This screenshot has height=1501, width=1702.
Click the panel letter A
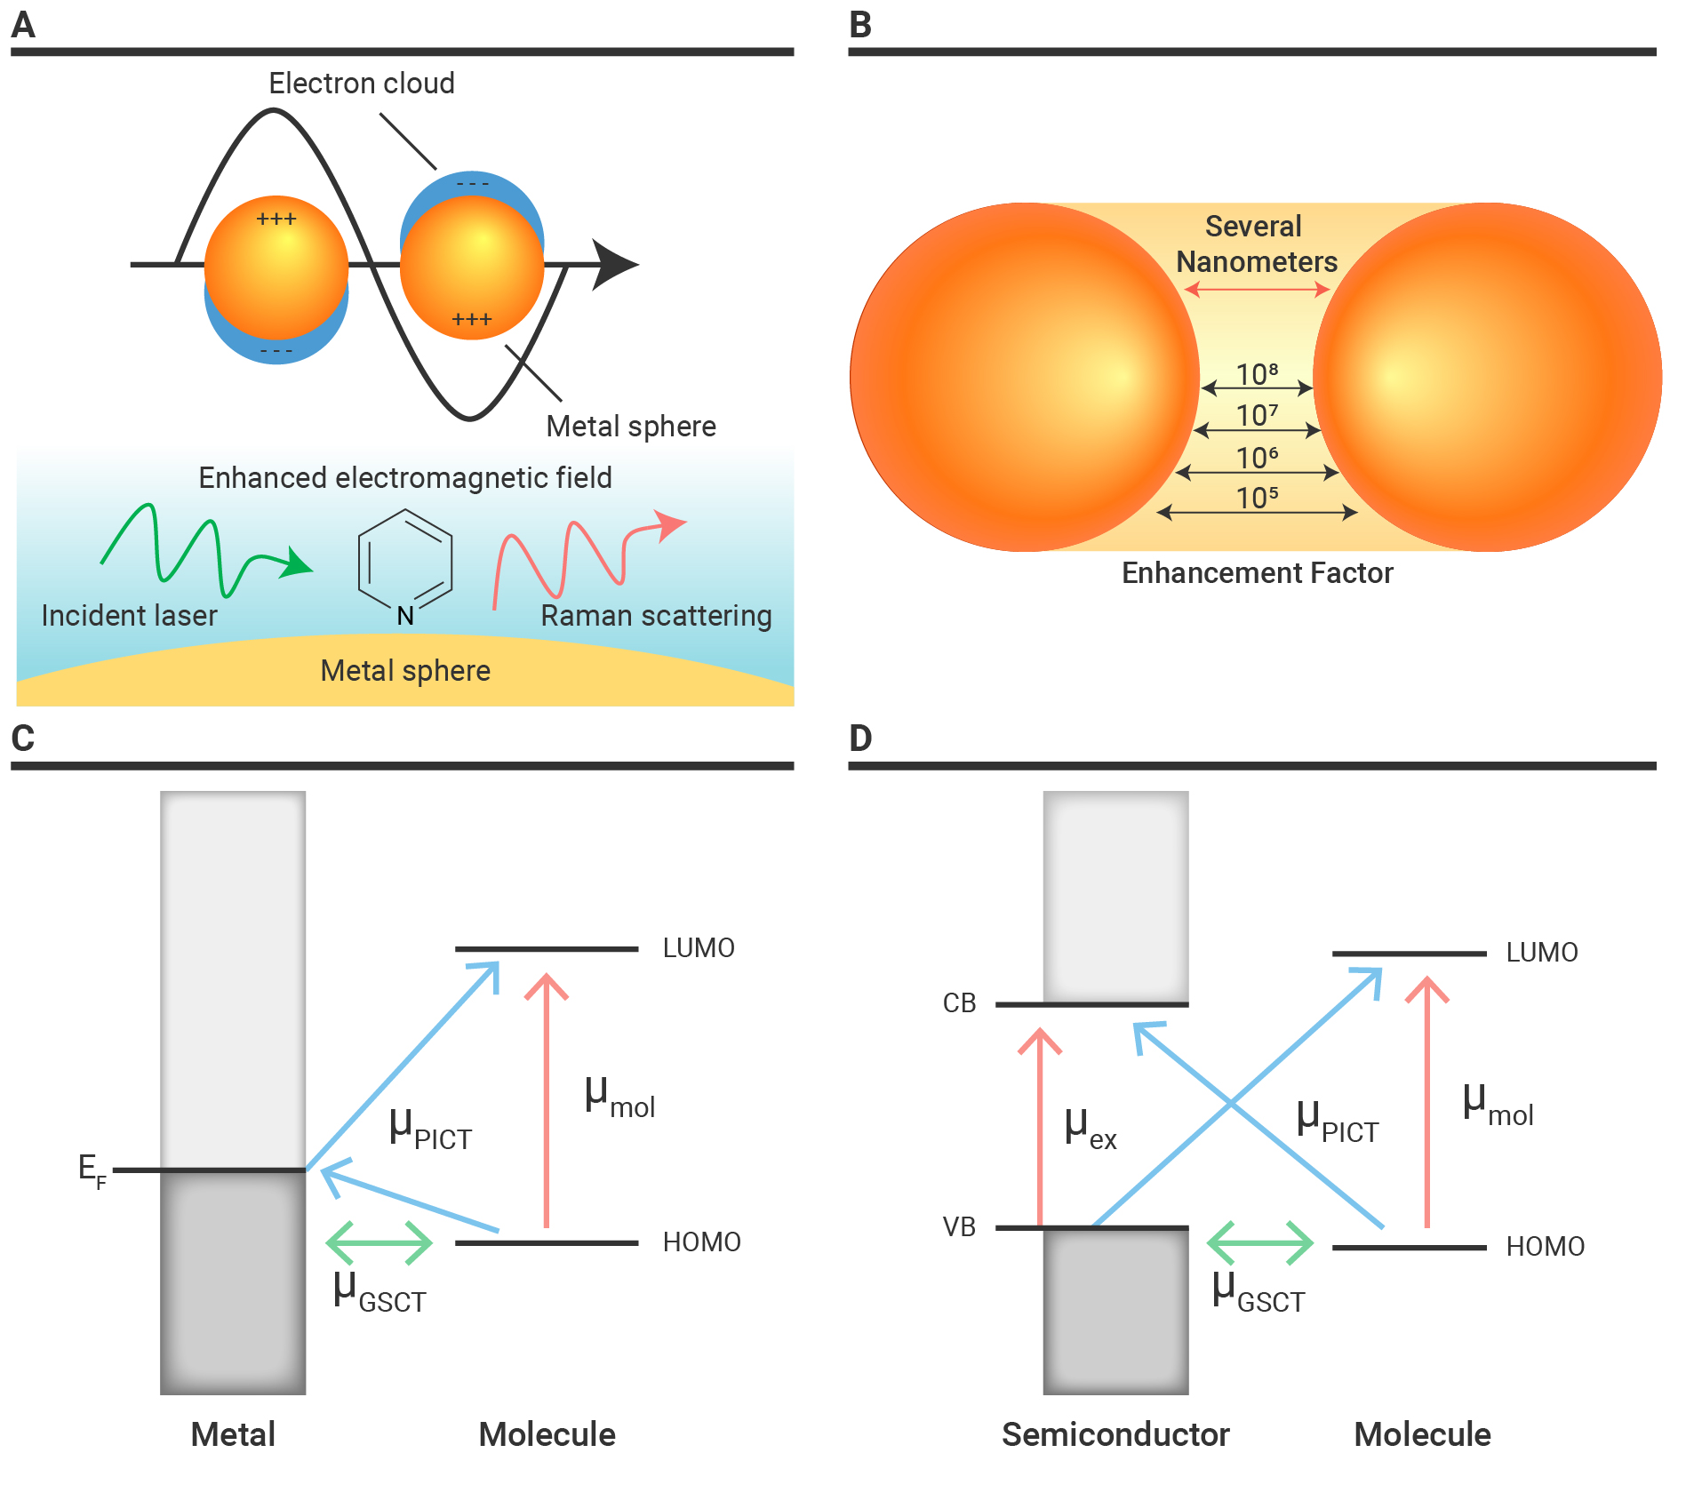[x=23, y=24]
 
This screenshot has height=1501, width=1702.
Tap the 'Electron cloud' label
[x=362, y=84]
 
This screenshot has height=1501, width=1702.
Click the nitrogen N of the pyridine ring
[x=405, y=616]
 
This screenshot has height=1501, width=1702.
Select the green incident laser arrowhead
[x=296, y=563]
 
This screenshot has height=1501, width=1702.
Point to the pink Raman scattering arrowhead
[x=669, y=524]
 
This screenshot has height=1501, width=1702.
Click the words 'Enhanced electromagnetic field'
[x=405, y=478]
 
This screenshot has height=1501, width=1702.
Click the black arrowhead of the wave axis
[x=615, y=265]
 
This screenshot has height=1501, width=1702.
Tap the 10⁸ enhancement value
[x=1257, y=374]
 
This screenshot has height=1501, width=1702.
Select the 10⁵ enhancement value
[x=1257, y=498]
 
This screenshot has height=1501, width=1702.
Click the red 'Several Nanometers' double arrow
[x=1257, y=289]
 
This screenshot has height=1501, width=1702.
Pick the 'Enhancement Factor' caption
[x=1257, y=573]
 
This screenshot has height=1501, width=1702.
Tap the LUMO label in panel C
[x=699, y=948]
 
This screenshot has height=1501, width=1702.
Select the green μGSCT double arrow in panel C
[x=380, y=1242]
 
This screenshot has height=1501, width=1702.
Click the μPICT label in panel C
[x=431, y=1130]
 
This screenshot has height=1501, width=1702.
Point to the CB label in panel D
[x=959, y=1003]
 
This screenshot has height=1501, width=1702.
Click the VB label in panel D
[x=959, y=1227]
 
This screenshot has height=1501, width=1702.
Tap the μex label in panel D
[x=1091, y=1130]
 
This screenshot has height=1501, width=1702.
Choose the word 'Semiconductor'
[x=1115, y=1434]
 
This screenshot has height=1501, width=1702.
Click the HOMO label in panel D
[x=1546, y=1247]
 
